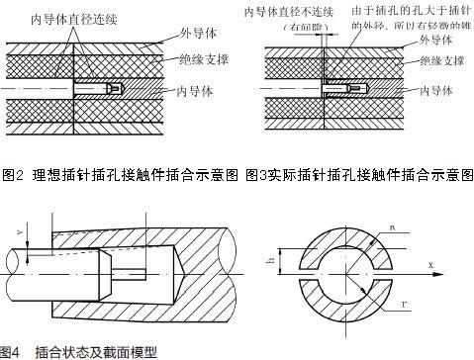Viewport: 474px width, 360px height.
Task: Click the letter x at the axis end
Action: point(432,265)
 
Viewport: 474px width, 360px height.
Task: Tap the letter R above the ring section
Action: point(396,229)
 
